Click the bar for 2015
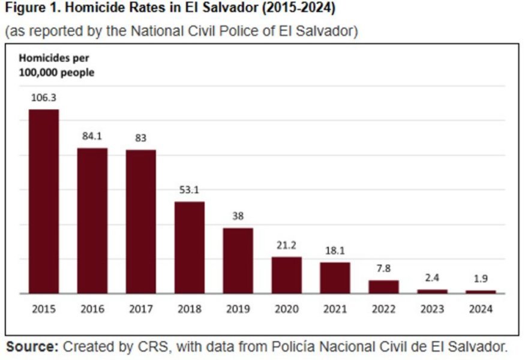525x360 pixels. (44, 202)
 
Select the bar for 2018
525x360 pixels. (190, 247)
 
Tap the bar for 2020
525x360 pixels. (286, 275)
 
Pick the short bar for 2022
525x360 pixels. (383, 286)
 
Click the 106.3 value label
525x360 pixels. (44, 97)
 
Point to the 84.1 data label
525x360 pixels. (92, 136)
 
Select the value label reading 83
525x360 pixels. (141, 137)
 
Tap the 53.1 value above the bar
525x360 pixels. (190, 190)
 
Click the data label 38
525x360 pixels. (238, 216)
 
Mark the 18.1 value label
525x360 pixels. (335, 250)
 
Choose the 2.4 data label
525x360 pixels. (432, 278)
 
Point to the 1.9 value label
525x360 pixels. (481, 279)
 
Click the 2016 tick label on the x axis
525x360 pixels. (92, 310)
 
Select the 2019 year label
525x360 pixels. (238, 310)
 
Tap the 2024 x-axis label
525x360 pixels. (481, 310)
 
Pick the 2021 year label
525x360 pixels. (335, 310)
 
